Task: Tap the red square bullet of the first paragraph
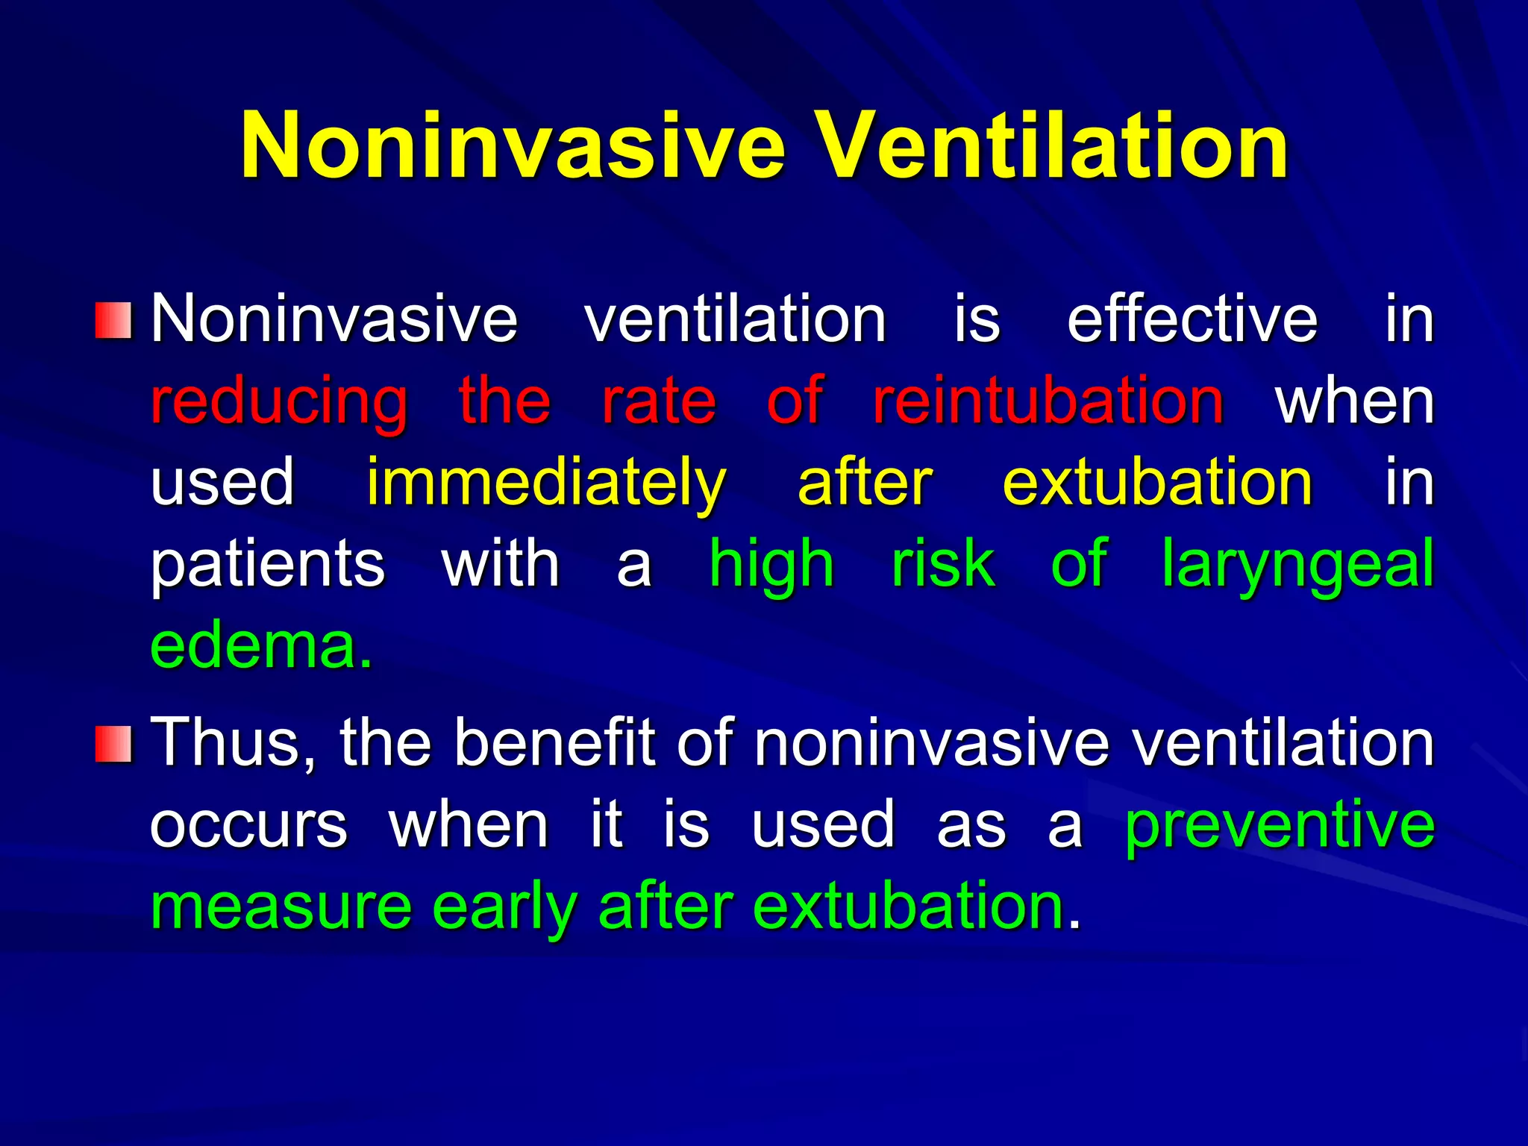click(113, 320)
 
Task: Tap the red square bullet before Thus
click(113, 744)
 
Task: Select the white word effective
click(1192, 319)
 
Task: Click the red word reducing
click(279, 401)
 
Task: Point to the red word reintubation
click(1048, 401)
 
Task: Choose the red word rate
click(659, 401)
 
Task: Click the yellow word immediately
click(545, 483)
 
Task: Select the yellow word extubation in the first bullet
click(1157, 483)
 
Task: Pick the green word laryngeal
click(1297, 565)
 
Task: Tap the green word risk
click(943, 565)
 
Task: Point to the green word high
click(771, 565)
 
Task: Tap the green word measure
click(281, 907)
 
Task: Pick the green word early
click(504, 907)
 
